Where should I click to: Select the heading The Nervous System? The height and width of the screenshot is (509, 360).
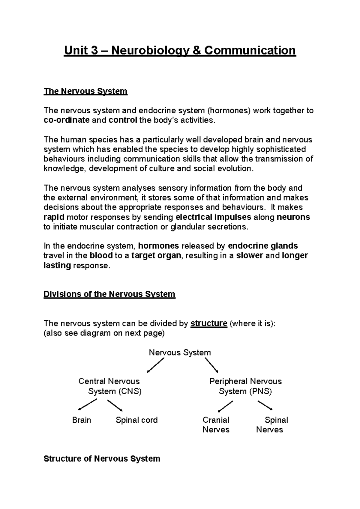coord(85,91)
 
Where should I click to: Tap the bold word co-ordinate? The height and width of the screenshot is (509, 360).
coord(67,120)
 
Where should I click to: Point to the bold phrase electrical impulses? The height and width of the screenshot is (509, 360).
coord(213,217)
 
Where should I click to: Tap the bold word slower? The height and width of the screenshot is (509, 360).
coord(250,256)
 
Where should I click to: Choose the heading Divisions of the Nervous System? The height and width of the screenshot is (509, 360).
coord(109,294)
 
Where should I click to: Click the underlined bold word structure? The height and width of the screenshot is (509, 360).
coord(209,323)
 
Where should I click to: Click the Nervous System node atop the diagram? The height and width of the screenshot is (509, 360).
coord(180,353)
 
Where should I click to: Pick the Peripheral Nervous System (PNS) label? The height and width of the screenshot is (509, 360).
coord(245,386)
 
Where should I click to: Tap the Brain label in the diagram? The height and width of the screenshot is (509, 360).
coord(82,420)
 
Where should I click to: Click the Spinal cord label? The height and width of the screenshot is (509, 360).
coord(136,420)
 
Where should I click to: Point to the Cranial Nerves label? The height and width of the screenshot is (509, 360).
coord(216,425)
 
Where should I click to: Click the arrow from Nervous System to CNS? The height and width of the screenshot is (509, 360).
coord(156,365)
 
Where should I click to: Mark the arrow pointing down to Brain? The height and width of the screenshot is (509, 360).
coord(87,404)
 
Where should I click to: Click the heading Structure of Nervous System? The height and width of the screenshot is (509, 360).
coord(102,459)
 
